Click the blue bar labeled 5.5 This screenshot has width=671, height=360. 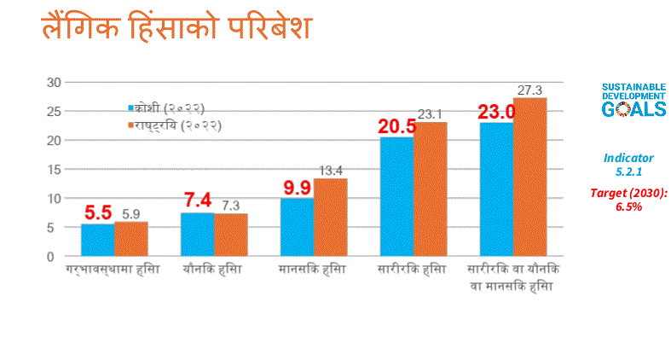point(97,240)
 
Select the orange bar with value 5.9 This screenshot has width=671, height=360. point(130,239)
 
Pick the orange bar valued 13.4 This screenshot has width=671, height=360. point(330,218)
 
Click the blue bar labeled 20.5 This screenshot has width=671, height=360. point(396,196)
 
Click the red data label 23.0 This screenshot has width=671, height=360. point(496,112)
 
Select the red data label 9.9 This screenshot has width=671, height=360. point(297,187)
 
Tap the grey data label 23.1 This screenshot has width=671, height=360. point(429,113)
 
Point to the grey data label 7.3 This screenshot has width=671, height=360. point(230,205)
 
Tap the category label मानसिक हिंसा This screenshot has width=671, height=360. point(312,270)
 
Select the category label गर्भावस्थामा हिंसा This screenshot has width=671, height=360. point(113,270)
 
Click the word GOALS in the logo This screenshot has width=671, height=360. point(633,110)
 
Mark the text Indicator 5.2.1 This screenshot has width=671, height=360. point(628,165)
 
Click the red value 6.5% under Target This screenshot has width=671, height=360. point(628,207)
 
